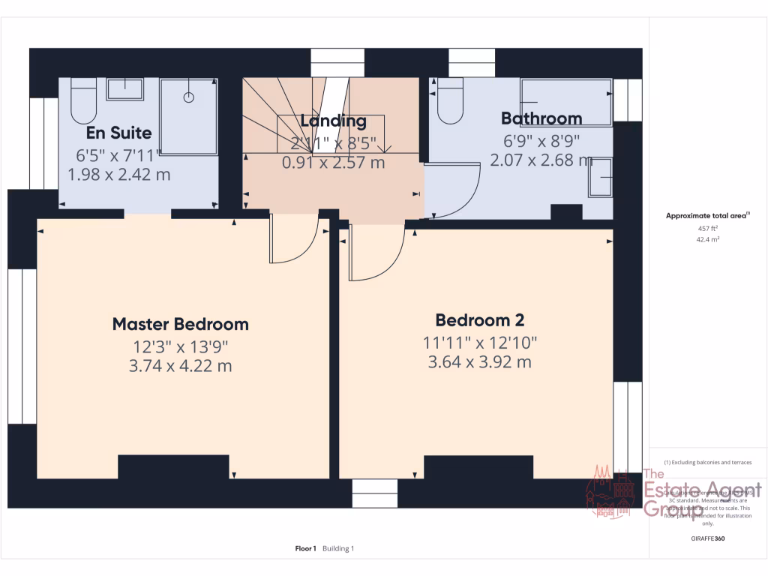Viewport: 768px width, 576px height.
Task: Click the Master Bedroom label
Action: (x=180, y=324)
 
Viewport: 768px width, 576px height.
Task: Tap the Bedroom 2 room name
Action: (x=480, y=320)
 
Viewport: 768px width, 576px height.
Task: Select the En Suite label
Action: (x=118, y=133)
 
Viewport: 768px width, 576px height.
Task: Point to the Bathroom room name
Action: (x=541, y=118)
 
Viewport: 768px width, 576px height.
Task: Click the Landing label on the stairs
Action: (x=334, y=121)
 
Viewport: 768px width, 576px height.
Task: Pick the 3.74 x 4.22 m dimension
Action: (x=180, y=366)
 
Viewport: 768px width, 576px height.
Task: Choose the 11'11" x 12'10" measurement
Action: (x=480, y=342)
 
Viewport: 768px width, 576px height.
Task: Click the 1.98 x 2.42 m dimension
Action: (x=118, y=175)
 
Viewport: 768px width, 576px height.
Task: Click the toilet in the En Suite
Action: (x=83, y=102)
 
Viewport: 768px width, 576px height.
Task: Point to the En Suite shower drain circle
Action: (x=189, y=97)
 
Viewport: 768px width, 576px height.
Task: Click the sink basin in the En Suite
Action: (x=124, y=88)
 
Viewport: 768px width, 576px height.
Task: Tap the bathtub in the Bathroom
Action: (x=567, y=103)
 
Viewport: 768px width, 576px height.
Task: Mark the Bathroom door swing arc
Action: (x=452, y=191)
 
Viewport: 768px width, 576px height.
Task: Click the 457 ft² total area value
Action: (x=708, y=228)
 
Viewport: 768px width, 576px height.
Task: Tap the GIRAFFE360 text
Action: (x=708, y=538)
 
